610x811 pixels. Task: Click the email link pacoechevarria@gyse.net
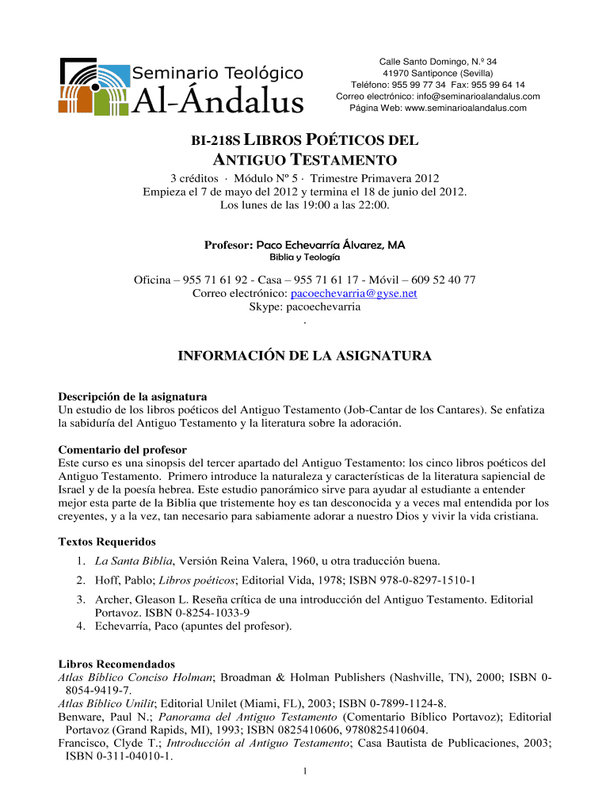tap(354, 293)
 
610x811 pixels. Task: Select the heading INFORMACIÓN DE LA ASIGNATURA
tap(304, 356)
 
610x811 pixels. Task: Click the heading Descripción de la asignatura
tap(133, 396)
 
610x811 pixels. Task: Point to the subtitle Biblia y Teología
tap(305, 258)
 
